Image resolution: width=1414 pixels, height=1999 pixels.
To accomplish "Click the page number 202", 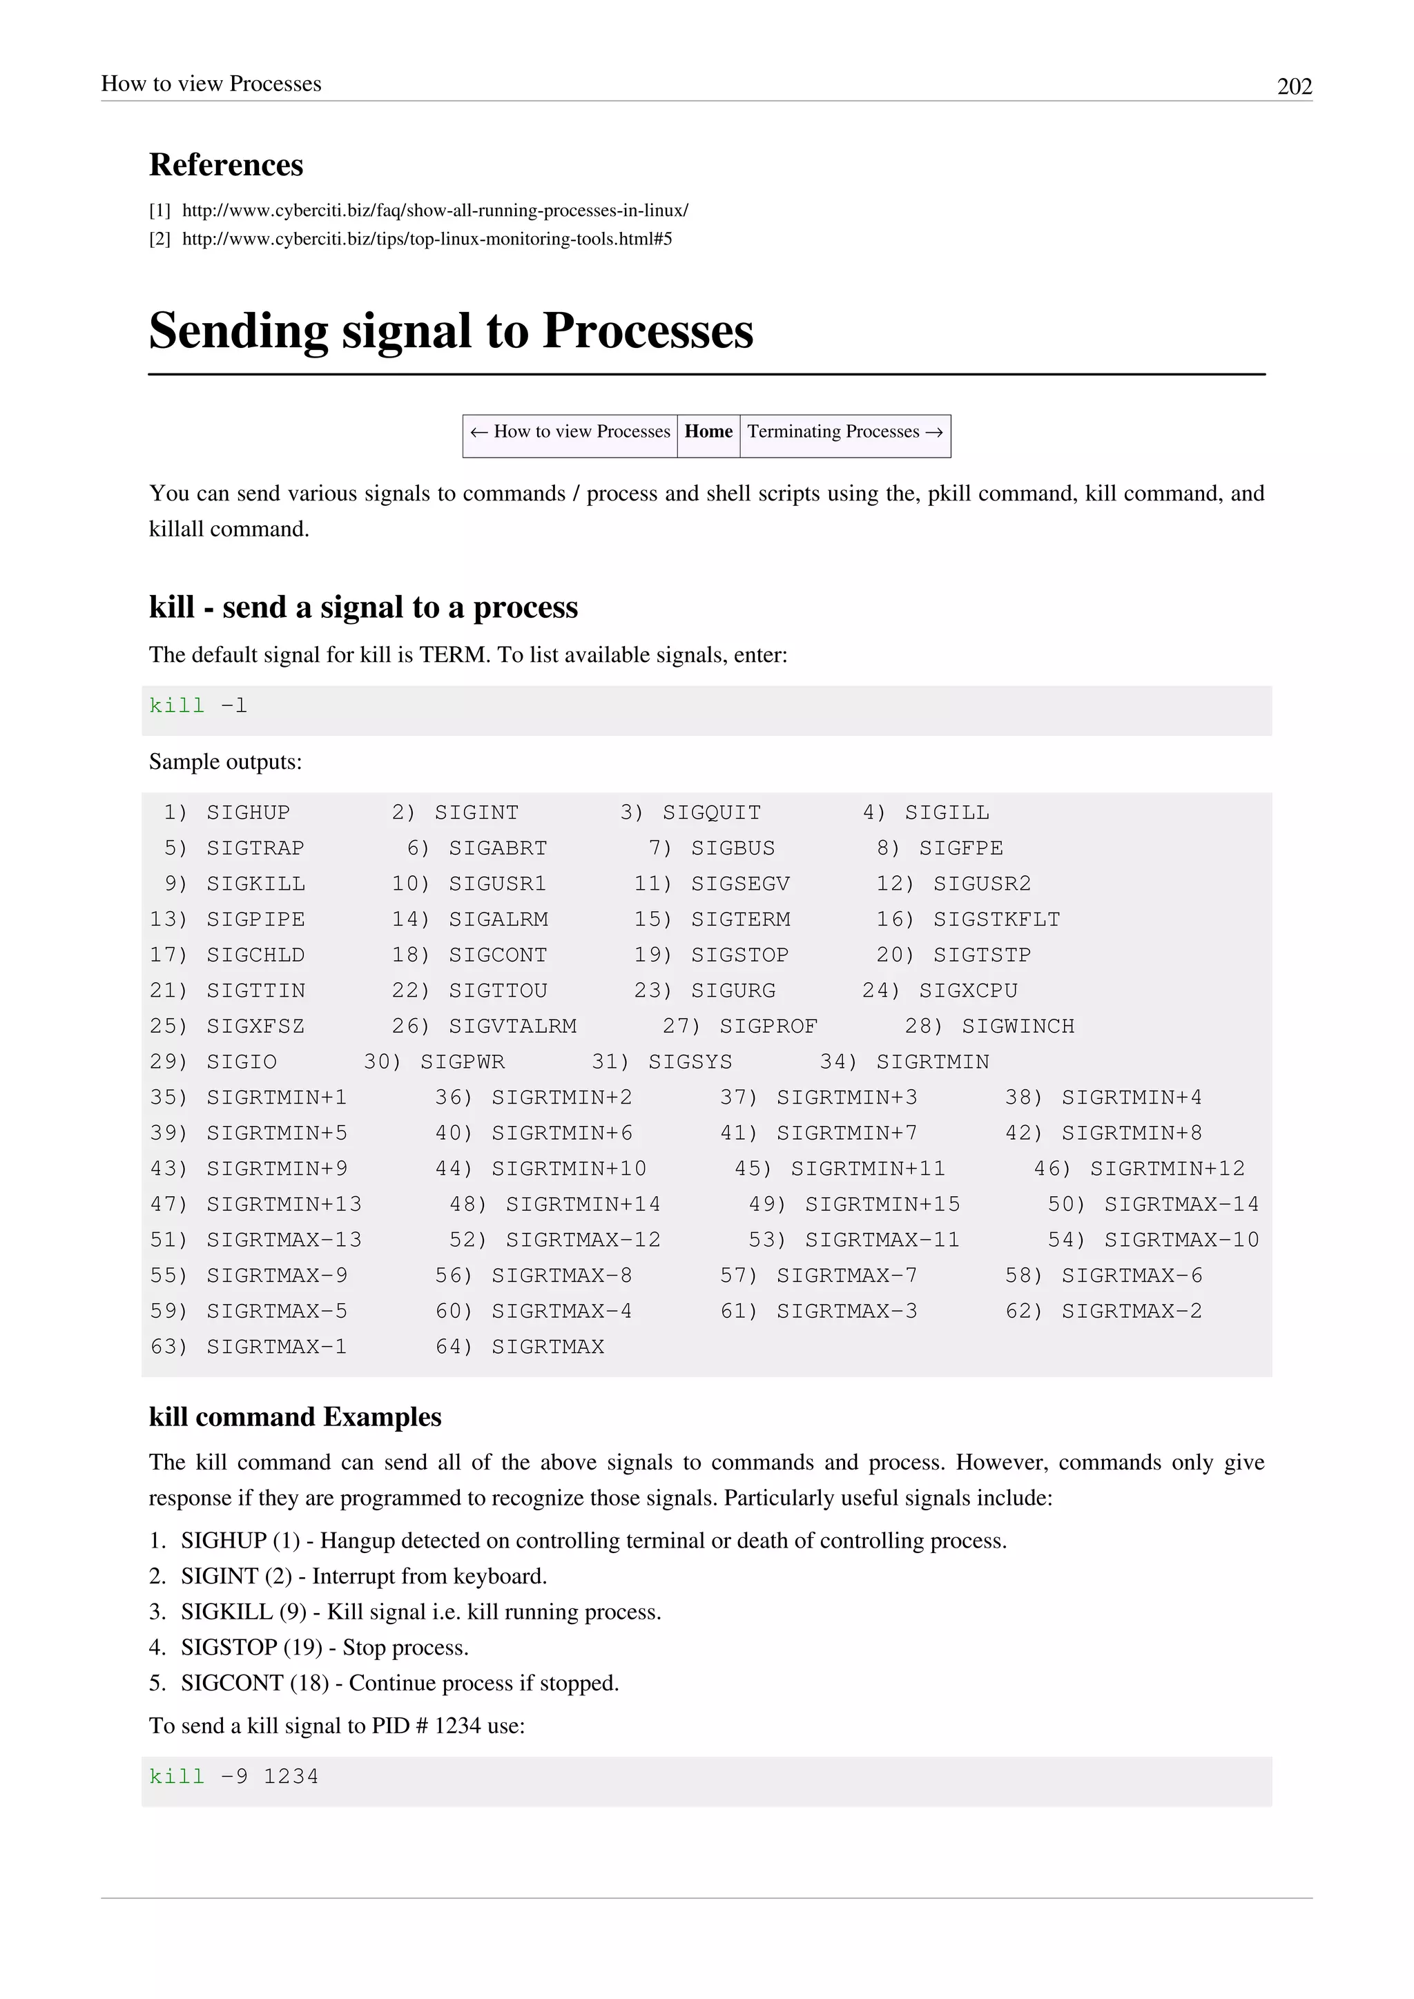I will click(1294, 86).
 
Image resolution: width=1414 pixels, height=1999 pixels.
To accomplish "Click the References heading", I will click(226, 164).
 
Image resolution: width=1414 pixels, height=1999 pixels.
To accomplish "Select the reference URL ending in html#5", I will click(427, 239).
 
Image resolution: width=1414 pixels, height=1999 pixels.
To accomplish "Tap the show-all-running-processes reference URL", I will click(434, 210).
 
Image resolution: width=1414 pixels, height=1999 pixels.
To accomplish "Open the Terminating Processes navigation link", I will click(844, 432).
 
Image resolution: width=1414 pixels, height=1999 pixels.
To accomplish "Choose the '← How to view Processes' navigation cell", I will click(570, 432).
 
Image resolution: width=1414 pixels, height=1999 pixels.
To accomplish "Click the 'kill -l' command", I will click(199, 705).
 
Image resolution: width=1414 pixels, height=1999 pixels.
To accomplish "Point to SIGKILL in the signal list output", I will click(256, 884).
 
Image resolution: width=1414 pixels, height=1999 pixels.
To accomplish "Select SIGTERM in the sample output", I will click(740, 919).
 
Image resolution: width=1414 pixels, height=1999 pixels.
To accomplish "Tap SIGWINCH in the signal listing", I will click(1018, 1026).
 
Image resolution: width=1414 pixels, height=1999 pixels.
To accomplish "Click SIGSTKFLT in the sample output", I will click(996, 919).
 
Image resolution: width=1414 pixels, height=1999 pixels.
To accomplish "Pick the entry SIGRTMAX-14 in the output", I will click(1181, 1204).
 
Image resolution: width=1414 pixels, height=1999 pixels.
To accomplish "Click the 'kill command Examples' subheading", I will click(296, 1416).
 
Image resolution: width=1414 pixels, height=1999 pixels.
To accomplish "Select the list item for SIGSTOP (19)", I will click(324, 1647).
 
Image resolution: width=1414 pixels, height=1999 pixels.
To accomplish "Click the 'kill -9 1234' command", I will click(233, 1776).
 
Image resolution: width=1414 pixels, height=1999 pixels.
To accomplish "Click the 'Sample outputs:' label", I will click(226, 762).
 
